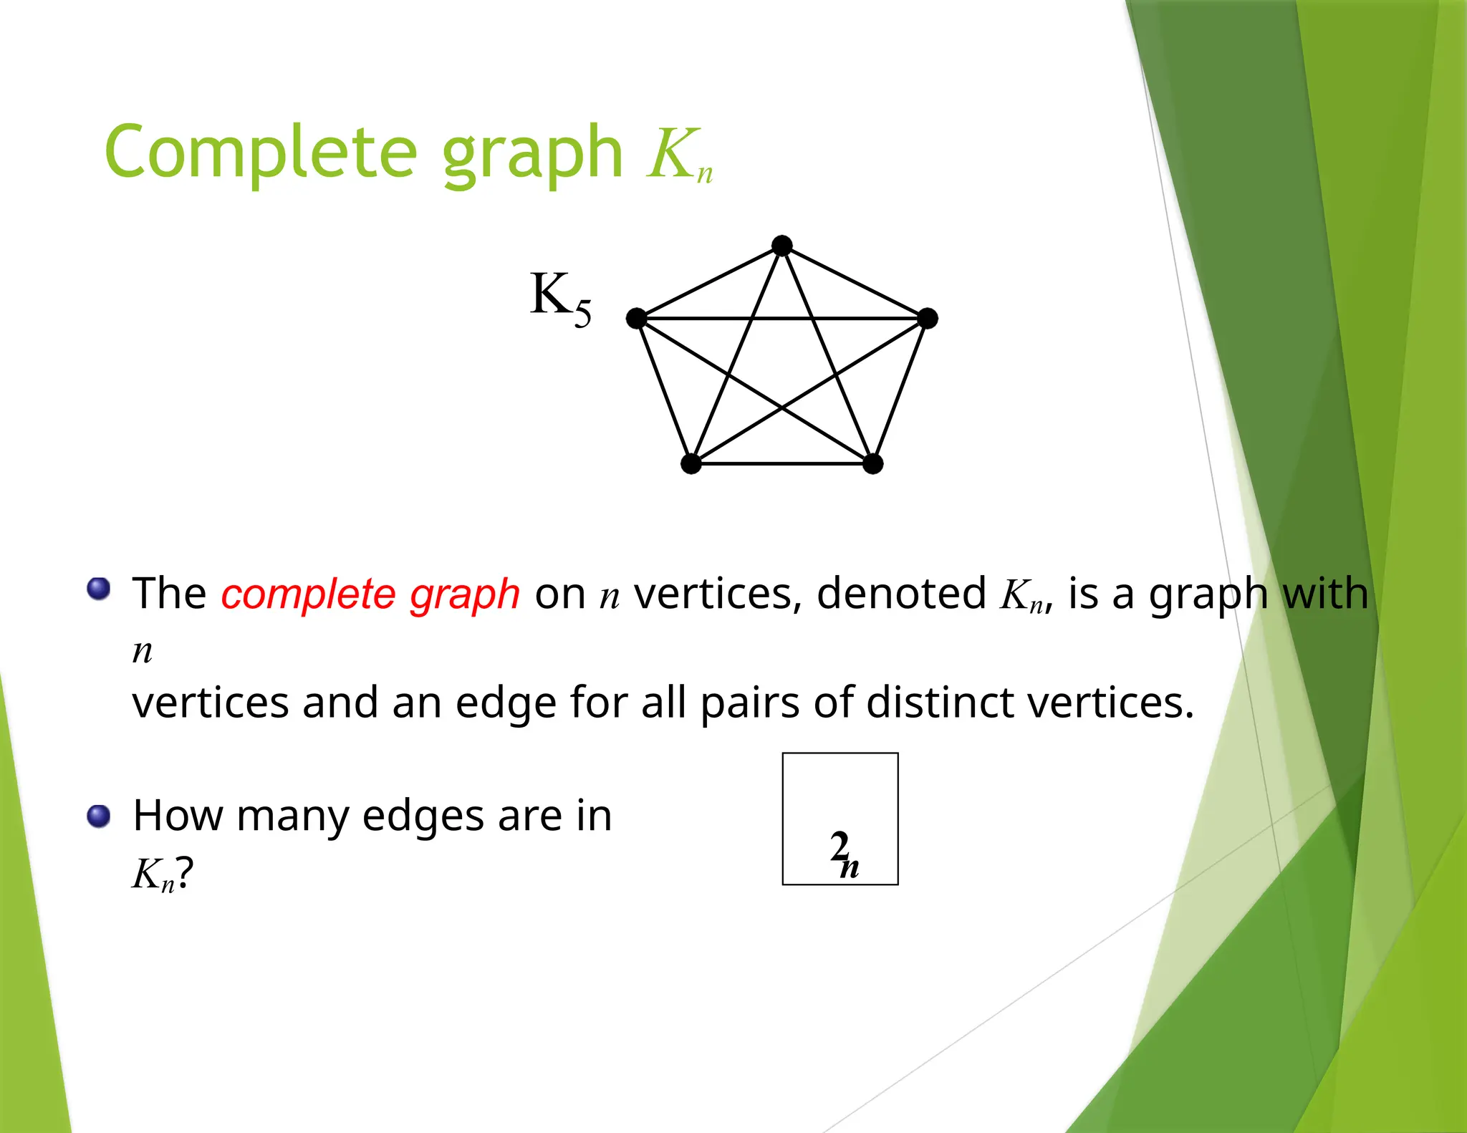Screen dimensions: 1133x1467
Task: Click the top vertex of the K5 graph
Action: point(782,246)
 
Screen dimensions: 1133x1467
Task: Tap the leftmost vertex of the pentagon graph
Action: point(636,318)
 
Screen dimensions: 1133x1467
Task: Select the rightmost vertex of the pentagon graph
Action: point(928,318)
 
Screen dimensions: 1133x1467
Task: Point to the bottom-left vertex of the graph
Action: point(691,463)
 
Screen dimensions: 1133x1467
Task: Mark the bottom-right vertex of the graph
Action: point(872,463)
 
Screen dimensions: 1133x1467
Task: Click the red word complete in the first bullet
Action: point(308,594)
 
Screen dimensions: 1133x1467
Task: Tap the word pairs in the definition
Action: point(749,704)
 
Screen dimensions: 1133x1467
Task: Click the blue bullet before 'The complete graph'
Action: point(99,589)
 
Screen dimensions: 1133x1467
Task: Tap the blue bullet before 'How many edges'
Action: point(99,816)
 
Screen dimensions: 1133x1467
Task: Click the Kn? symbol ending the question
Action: point(163,874)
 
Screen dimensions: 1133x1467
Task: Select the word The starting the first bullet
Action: point(169,594)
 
